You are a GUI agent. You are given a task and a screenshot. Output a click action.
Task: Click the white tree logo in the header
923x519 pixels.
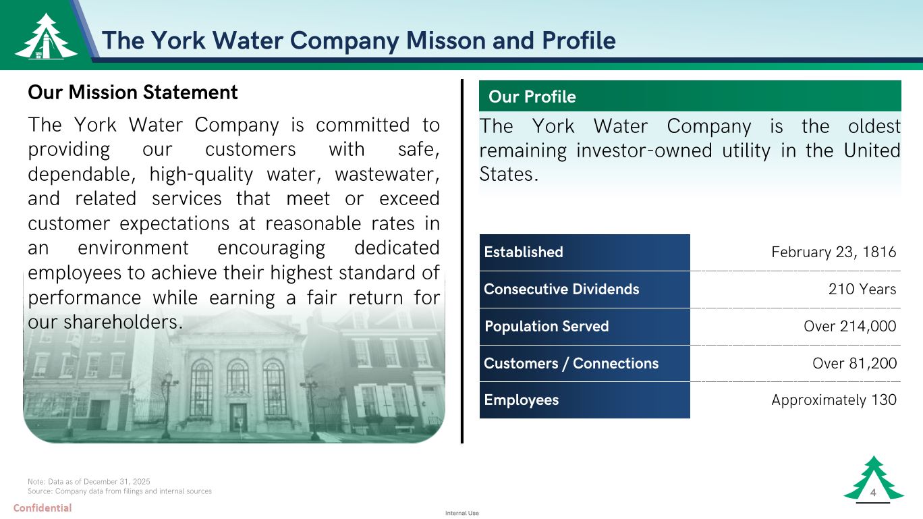coord(46,36)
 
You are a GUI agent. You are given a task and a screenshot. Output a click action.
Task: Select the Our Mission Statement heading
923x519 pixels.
coord(133,92)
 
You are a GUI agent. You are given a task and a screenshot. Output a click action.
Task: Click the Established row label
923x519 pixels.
coord(524,252)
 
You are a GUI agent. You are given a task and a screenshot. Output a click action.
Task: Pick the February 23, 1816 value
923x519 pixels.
coord(833,252)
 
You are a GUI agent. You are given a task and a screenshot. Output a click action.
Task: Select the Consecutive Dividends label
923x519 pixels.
coord(561,289)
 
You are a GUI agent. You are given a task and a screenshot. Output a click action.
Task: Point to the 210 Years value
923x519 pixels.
coord(862,289)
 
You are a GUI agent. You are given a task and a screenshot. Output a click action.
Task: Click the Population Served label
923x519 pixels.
coord(547,326)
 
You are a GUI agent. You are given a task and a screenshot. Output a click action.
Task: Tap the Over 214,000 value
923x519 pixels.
coord(849,326)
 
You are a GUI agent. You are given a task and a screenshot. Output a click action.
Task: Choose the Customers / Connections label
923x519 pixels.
coord(571,363)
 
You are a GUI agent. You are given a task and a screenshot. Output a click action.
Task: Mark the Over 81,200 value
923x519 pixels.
coord(854,363)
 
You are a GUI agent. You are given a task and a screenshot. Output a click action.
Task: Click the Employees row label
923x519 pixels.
coord(522,400)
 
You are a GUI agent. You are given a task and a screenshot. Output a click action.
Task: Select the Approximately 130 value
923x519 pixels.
coord(833,400)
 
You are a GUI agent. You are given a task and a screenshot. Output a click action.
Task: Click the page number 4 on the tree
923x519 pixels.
coord(872,492)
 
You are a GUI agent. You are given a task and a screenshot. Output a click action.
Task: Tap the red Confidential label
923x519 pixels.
coord(43,508)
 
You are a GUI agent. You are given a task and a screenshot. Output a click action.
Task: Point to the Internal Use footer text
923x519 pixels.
coord(462,513)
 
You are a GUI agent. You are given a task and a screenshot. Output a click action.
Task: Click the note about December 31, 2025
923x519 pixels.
coord(88,481)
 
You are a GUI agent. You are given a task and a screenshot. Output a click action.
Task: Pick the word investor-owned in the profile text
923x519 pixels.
coord(644,151)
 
